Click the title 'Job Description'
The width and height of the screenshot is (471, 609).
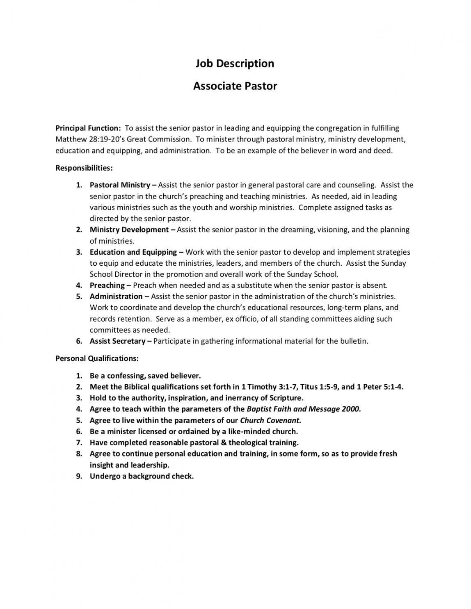tap(235, 64)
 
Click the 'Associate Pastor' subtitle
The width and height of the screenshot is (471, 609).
tap(235, 86)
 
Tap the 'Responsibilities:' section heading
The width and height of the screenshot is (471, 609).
tap(84, 168)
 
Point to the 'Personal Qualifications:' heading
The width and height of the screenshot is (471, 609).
tap(97, 358)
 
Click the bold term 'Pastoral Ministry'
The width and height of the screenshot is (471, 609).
tap(120, 185)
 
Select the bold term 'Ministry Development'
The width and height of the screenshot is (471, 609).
tap(129, 230)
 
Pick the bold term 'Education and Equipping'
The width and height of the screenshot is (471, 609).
tap(133, 252)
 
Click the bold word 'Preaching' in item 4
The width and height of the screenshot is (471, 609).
tap(107, 285)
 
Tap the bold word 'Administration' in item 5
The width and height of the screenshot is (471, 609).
tap(116, 297)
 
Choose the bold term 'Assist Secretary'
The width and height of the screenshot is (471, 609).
tap(118, 341)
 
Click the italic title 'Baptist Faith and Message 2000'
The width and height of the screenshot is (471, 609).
tap(303, 409)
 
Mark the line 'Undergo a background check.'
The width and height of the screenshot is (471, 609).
tap(142, 476)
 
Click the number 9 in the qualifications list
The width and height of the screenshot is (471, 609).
tap(79, 476)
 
